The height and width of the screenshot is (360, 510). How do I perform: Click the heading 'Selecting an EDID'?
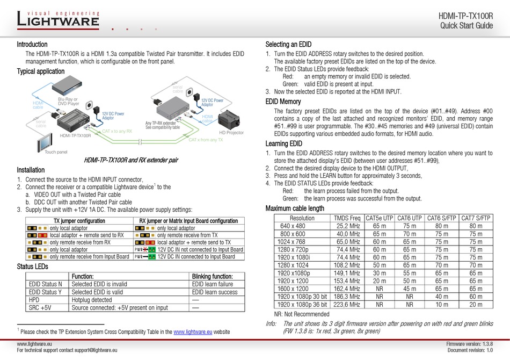click(x=288, y=45)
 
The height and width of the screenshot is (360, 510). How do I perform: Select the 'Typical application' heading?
click(x=40, y=71)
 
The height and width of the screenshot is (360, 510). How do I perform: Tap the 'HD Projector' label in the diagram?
click(x=231, y=132)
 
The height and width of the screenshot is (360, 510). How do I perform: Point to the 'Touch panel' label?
click(x=56, y=152)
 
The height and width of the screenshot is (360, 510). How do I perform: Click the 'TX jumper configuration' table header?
click(x=75, y=221)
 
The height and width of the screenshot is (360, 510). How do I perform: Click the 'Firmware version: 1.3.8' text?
click(x=469, y=343)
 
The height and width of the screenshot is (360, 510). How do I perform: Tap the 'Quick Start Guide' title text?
click(x=466, y=26)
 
